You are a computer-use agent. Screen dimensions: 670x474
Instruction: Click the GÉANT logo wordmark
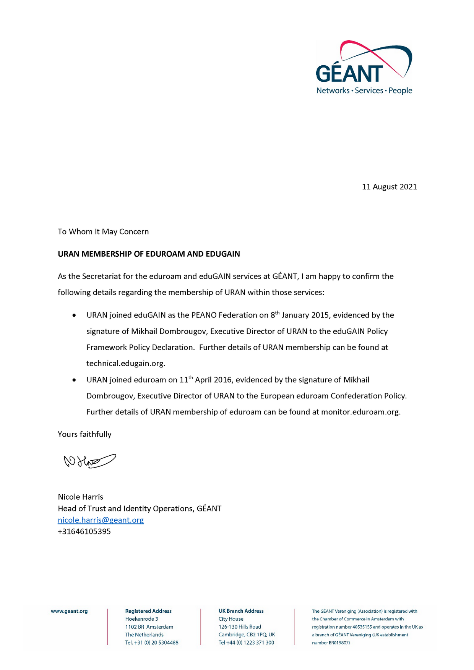point(349,74)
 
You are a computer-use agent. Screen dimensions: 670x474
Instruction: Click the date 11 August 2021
point(389,187)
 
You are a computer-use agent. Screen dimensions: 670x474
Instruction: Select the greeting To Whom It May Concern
point(103,231)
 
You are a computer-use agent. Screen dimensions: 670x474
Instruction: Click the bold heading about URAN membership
point(149,254)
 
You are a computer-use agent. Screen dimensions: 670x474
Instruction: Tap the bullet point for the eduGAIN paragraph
point(74,316)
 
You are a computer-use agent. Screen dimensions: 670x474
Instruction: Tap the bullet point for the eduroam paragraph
point(74,380)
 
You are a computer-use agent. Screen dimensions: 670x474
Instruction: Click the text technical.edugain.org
point(125,363)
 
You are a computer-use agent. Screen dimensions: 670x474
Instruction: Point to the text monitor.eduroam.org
point(360,412)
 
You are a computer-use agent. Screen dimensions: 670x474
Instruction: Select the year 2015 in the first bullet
point(320,315)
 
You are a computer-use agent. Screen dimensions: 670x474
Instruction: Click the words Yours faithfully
point(84,434)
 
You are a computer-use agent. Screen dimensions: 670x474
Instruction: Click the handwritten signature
point(89,461)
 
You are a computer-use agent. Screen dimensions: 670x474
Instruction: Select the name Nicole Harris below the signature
point(80,497)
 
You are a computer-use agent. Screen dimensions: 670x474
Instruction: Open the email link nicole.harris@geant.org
point(101,520)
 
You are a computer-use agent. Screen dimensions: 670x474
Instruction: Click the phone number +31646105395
point(84,531)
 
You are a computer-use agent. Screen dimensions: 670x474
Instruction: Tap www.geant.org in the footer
point(69,611)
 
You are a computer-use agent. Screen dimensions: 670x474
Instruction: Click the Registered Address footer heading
point(148,611)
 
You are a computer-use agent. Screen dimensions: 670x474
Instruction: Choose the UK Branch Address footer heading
point(241,611)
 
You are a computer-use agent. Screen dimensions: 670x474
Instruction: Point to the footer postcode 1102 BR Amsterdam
point(149,627)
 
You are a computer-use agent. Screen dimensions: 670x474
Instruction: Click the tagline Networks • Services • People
point(364,91)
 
